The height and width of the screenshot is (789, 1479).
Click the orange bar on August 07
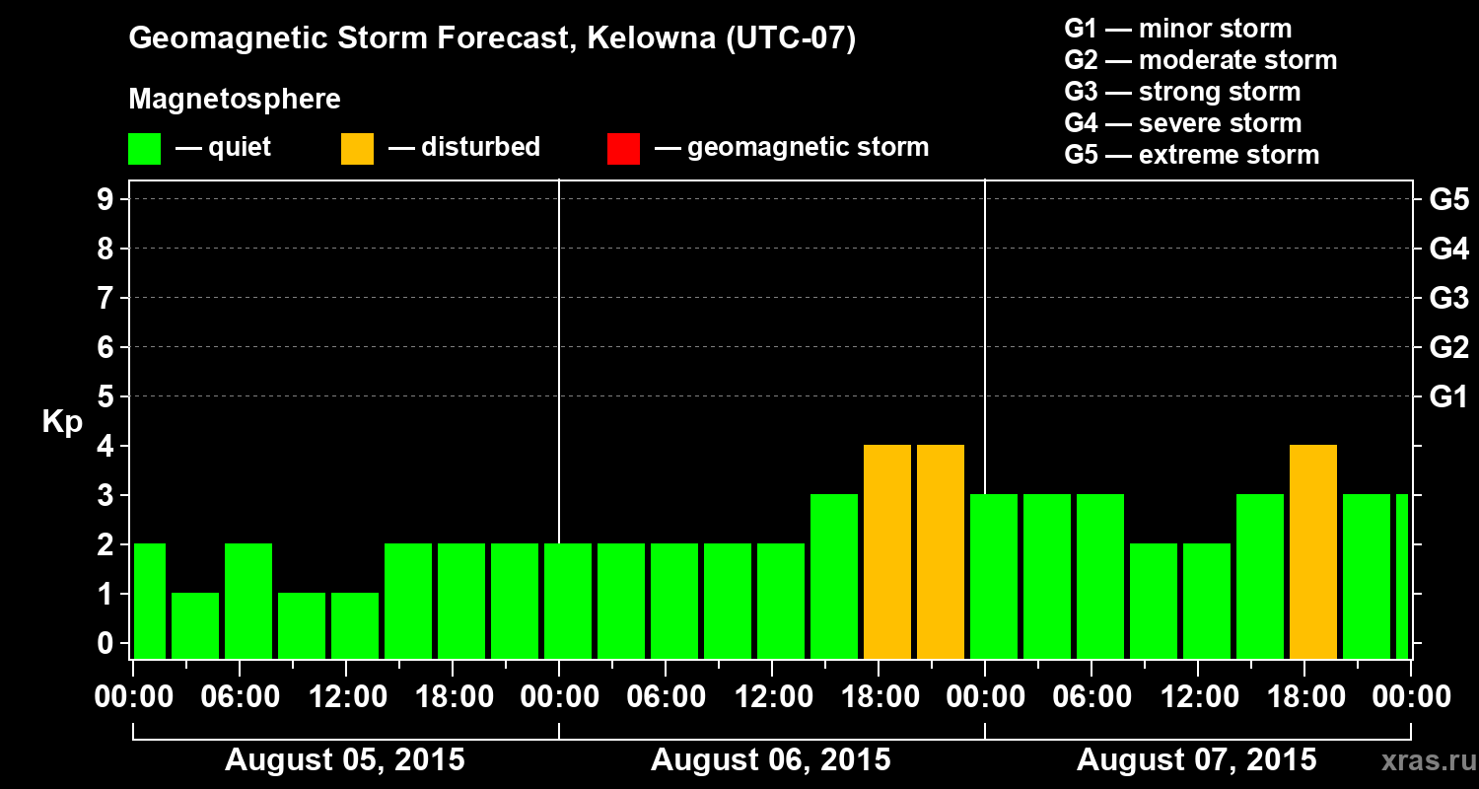click(x=1313, y=551)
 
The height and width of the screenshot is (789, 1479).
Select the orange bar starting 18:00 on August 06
click(x=887, y=551)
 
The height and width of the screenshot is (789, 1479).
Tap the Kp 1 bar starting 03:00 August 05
click(x=195, y=625)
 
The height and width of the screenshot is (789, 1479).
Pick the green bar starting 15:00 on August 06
click(x=834, y=576)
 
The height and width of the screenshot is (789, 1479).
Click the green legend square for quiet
click(x=144, y=149)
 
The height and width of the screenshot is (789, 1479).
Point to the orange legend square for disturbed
click(x=357, y=149)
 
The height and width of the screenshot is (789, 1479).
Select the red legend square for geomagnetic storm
click(x=623, y=149)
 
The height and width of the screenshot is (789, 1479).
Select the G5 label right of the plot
click(x=1448, y=200)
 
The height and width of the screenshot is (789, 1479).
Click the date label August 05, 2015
click(x=345, y=760)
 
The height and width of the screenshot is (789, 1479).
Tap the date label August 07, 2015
click(x=1196, y=760)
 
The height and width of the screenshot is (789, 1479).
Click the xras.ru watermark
click(x=1421, y=760)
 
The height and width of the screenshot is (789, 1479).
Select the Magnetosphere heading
click(x=235, y=100)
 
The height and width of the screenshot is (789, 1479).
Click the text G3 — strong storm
click(x=1182, y=92)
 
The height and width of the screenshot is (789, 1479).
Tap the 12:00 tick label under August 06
click(x=772, y=697)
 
